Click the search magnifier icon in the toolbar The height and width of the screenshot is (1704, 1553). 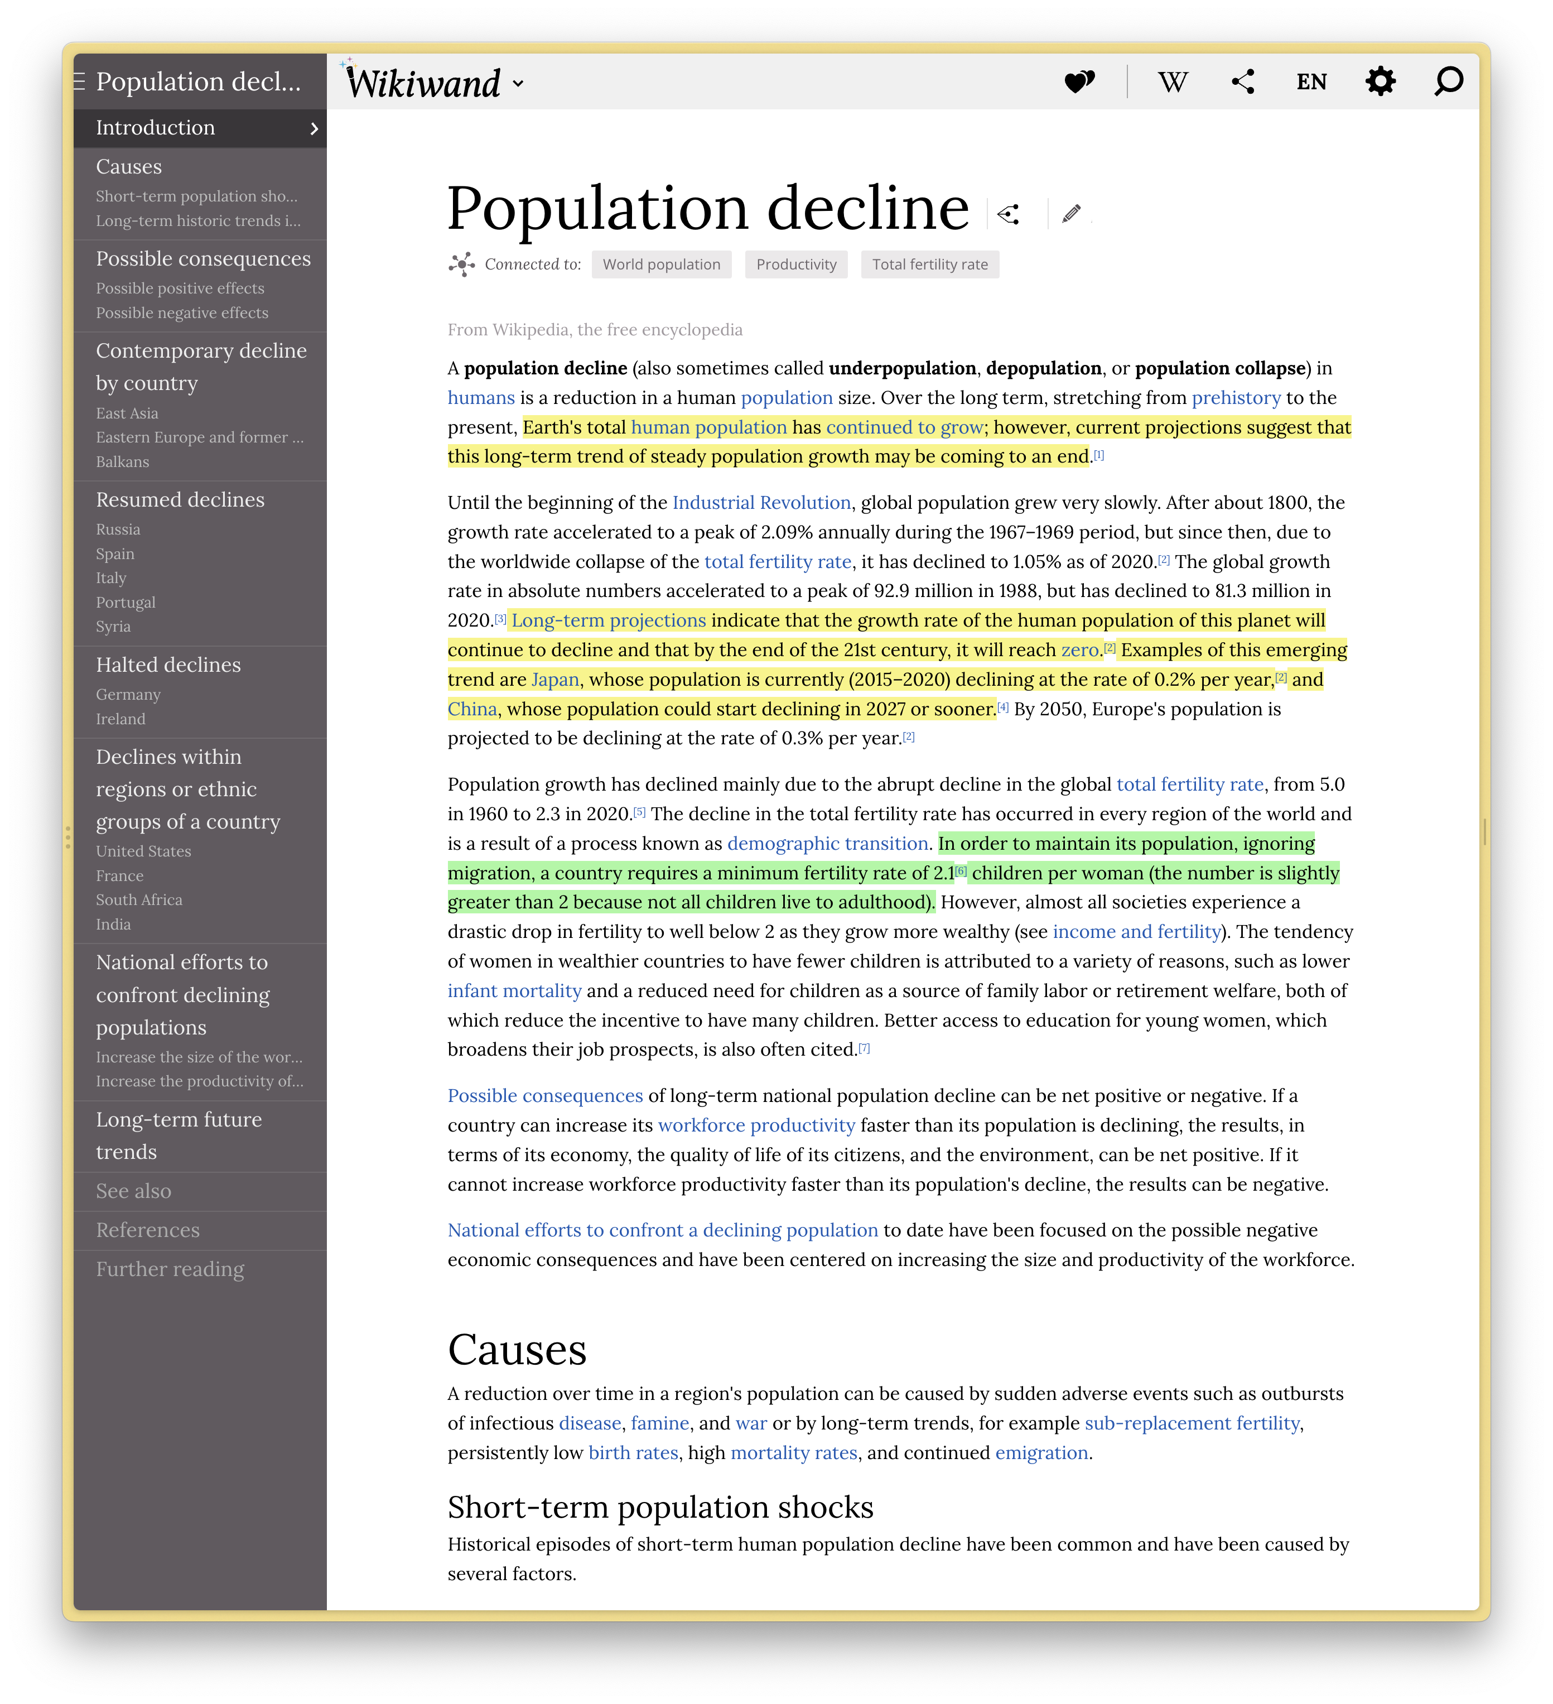click(x=1448, y=82)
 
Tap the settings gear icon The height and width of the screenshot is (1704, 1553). click(x=1380, y=82)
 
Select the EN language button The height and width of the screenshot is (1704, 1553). click(x=1311, y=82)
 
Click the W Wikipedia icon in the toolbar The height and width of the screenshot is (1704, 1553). click(x=1173, y=82)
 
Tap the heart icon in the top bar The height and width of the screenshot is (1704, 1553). click(x=1079, y=82)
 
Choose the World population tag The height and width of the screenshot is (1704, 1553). click(x=662, y=264)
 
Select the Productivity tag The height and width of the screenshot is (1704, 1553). click(x=796, y=264)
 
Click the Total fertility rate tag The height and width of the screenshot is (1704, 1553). click(x=929, y=264)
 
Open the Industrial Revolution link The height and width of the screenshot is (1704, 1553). click(x=761, y=503)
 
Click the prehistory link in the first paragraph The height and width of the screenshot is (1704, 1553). click(x=1236, y=398)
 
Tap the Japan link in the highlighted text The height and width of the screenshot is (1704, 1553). click(x=555, y=680)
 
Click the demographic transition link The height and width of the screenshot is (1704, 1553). click(x=827, y=844)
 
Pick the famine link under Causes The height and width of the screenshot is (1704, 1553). click(x=660, y=1423)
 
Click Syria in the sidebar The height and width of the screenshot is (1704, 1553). click(x=113, y=627)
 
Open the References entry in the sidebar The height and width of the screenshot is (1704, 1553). click(x=148, y=1230)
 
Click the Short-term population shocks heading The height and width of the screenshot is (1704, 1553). click(x=660, y=1507)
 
